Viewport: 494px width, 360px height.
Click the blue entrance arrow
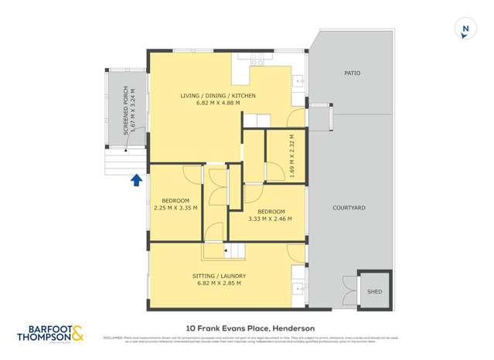click(136, 180)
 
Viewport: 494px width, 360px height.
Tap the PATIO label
click(352, 73)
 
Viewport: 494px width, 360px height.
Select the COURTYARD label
click(349, 209)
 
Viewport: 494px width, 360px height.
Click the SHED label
click(374, 292)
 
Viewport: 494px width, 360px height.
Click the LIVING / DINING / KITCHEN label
click(218, 95)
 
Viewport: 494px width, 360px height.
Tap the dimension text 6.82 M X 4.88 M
click(218, 103)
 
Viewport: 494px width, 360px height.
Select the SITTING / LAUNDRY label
click(220, 276)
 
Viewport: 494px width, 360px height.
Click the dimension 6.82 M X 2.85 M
click(220, 284)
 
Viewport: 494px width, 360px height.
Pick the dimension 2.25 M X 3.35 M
click(175, 208)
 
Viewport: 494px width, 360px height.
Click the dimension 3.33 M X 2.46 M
click(271, 219)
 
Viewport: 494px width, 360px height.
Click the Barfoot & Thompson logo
click(50, 334)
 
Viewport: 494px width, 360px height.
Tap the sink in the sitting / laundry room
click(298, 290)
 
